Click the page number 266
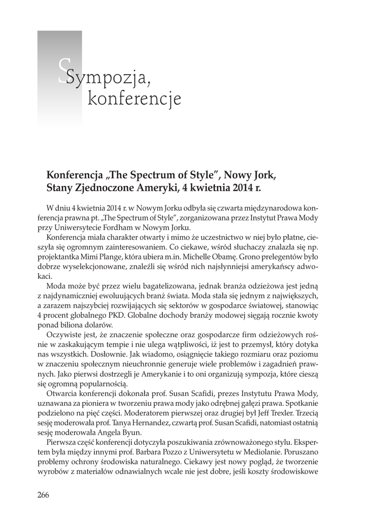pos(43,496)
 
